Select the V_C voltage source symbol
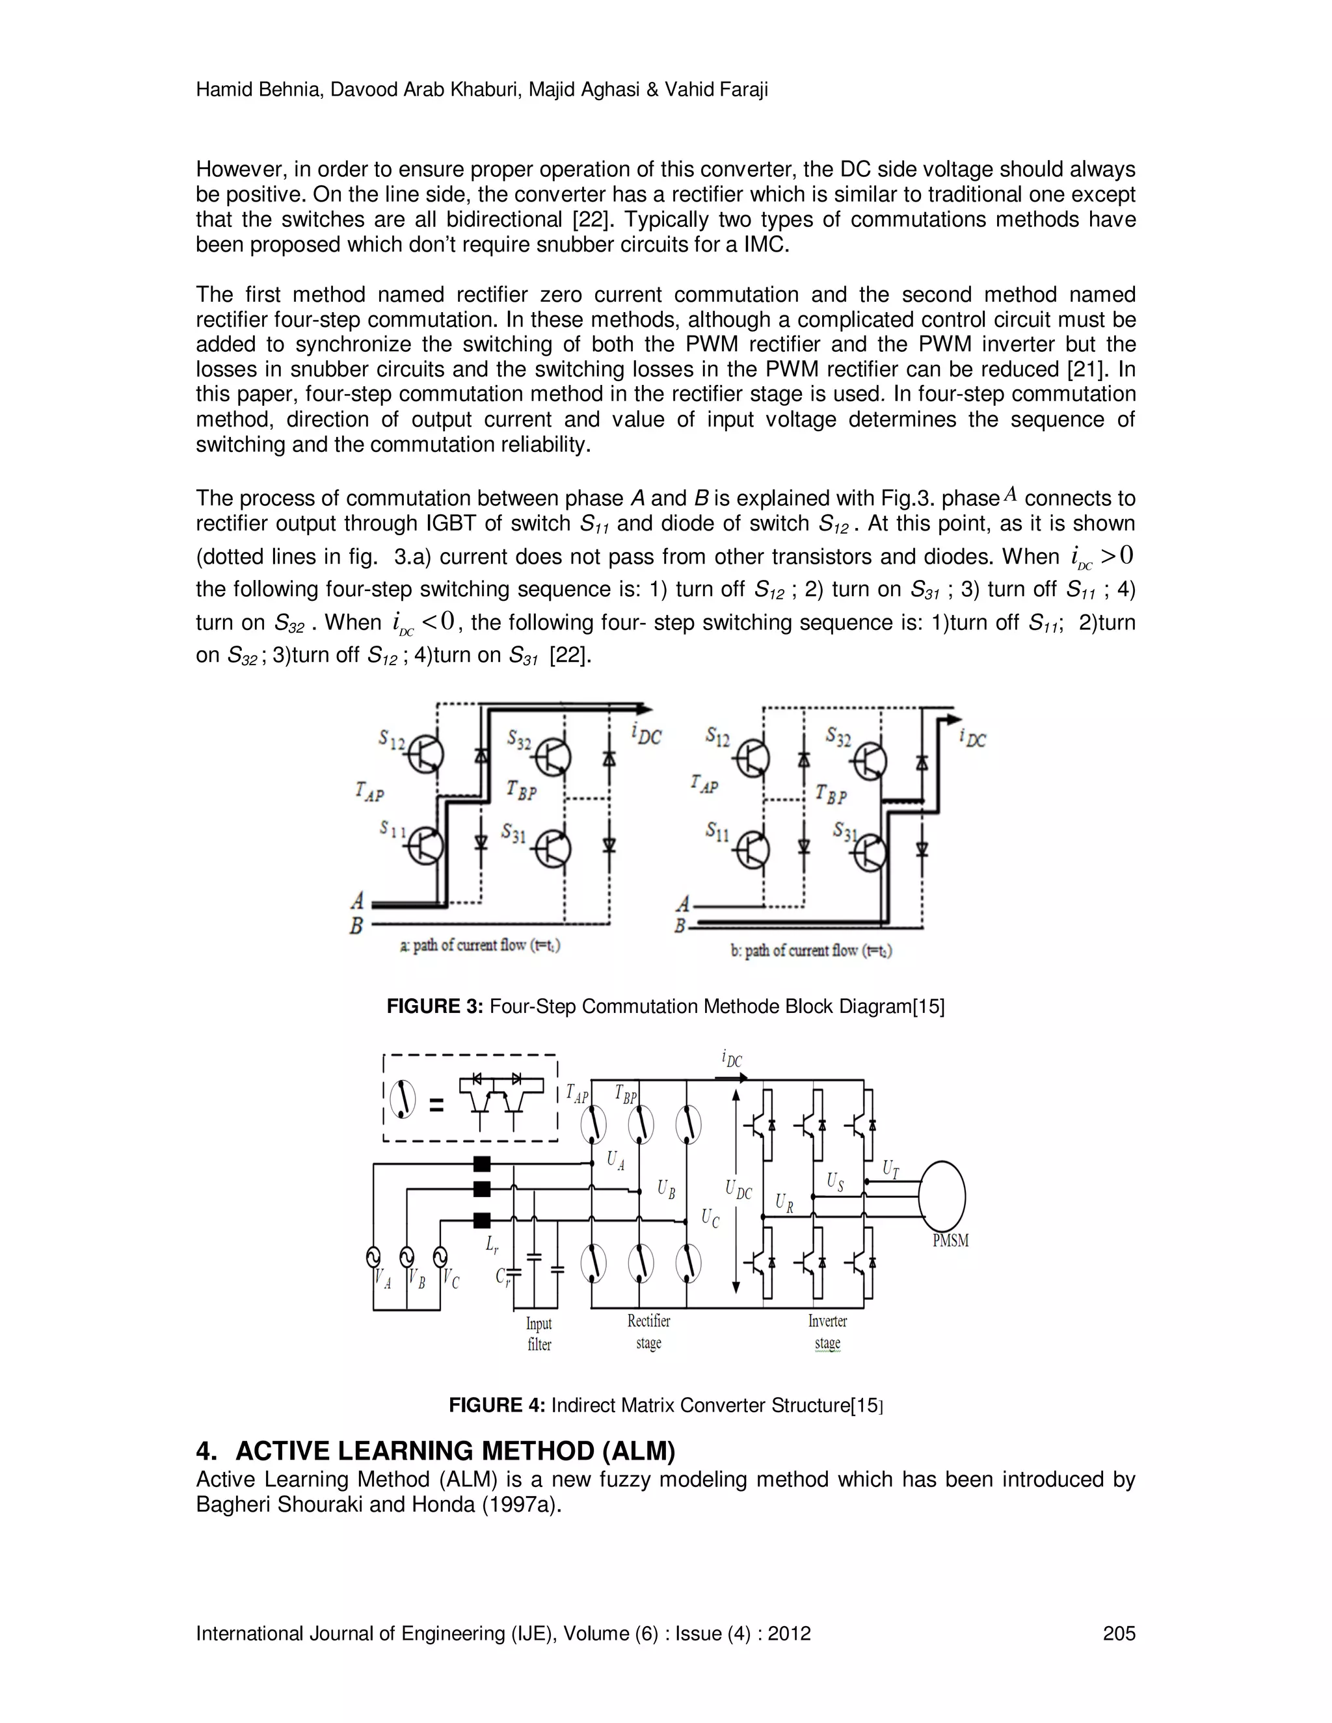[x=440, y=1256]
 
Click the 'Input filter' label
[x=539, y=1334]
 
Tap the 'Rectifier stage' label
[x=648, y=1332]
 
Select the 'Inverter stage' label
[x=827, y=1332]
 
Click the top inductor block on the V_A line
[x=481, y=1164]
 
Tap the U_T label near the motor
[x=890, y=1168]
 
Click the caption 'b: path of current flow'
[x=811, y=951]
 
